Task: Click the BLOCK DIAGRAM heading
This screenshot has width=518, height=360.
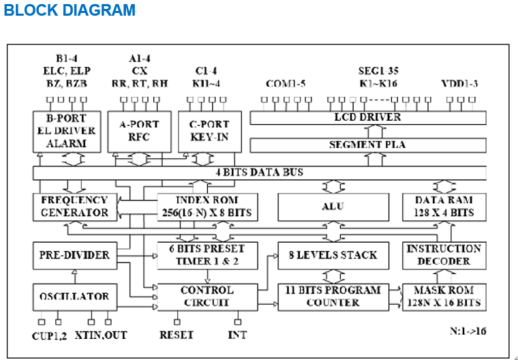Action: (70, 11)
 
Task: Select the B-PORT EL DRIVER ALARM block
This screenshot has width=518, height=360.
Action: (66, 132)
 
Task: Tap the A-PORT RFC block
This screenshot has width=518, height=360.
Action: (139, 132)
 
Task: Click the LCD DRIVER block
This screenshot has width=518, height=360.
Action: (367, 117)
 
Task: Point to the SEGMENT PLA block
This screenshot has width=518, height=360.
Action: (367, 145)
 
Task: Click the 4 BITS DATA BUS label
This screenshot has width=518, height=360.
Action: (259, 172)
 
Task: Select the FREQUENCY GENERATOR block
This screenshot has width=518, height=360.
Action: (74, 207)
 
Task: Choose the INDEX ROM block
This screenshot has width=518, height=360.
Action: (207, 207)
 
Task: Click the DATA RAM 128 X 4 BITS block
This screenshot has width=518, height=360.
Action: (444, 207)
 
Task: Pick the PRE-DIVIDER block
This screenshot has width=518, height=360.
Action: (74, 255)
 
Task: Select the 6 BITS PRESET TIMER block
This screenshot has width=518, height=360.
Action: (207, 255)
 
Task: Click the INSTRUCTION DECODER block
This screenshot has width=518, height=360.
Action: (444, 255)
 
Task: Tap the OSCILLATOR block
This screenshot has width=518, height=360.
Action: (74, 297)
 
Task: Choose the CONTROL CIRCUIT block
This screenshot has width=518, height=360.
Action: (207, 297)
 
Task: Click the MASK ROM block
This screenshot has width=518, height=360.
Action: (444, 297)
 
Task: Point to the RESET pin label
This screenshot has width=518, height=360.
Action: (177, 335)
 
